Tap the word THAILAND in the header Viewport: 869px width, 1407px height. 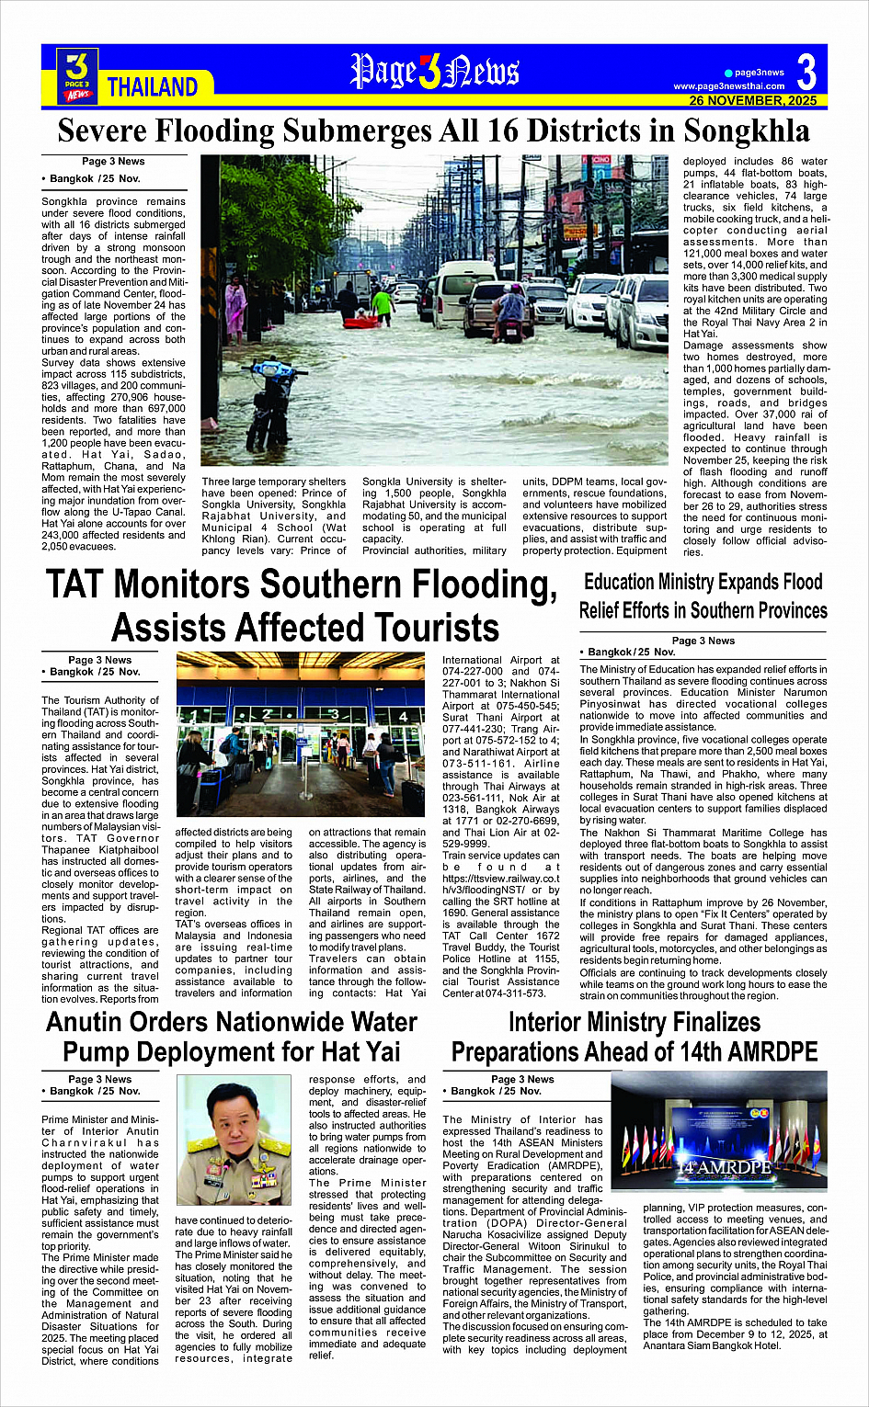click(153, 87)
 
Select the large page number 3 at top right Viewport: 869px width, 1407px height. click(806, 72)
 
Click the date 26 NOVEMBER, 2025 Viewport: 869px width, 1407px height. click(753, 100)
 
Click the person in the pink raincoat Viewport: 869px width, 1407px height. click(235, 307)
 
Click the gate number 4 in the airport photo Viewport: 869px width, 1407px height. click(404, 715)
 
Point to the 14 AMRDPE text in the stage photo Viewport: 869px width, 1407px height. click(722, 1167)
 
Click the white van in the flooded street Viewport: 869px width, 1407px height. click(463, 289)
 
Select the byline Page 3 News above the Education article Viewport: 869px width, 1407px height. click(703, 641)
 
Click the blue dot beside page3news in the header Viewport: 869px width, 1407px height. click(728, 73)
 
